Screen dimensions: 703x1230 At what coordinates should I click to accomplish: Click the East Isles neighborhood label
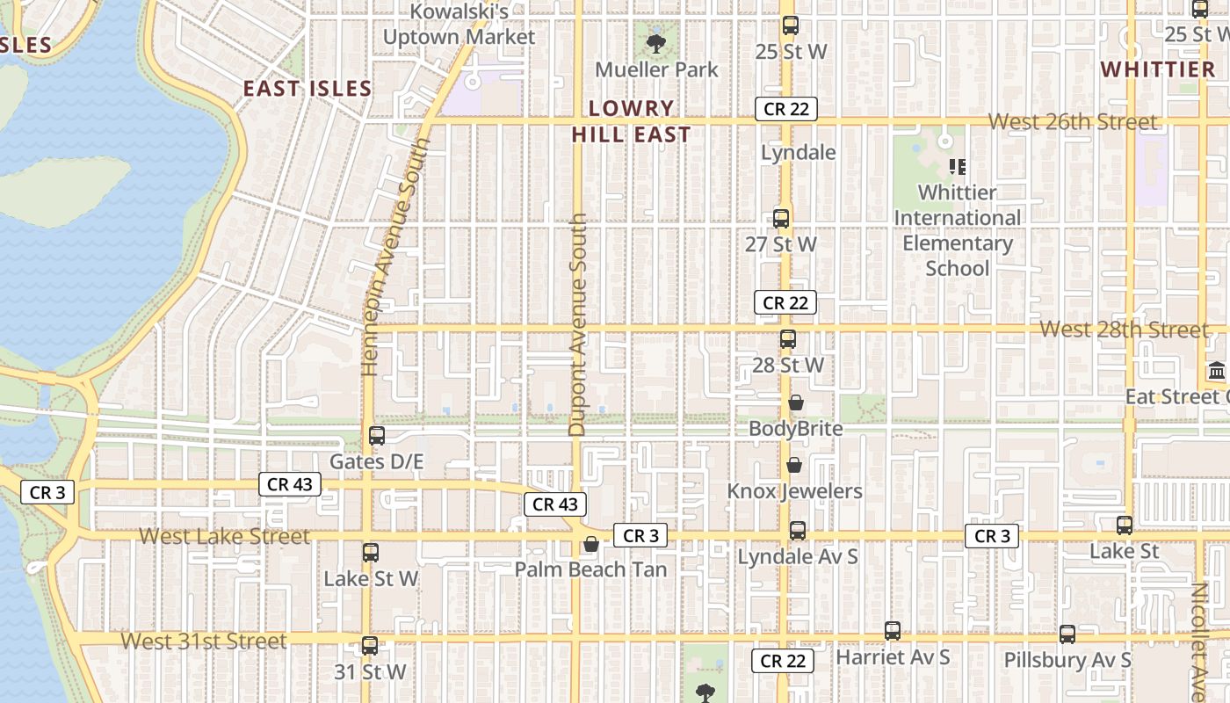coord(307,89)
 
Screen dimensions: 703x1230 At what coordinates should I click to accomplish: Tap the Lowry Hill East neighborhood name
coord(631,121)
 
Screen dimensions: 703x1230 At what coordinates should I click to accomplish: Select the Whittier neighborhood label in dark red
coord(1157,69)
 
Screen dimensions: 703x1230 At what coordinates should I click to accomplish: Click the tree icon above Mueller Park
coord(655,43)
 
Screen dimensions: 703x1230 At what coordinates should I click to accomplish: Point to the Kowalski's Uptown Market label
coord(459,25)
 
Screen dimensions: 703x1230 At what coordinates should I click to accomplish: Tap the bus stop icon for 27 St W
coord(780,219)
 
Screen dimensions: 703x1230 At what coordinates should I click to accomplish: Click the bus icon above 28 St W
coord(788,339)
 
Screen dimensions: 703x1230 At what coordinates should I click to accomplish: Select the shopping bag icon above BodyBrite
coord(795,403)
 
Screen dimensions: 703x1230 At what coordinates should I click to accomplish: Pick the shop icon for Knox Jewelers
coord(794,465)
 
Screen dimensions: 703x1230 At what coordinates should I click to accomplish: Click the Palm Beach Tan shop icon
coord(591,545)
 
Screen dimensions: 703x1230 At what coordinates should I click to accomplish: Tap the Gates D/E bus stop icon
coord(377,436)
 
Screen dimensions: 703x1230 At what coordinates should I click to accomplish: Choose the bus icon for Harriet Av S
coord(893,631)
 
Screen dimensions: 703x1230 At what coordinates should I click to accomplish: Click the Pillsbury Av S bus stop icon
coord(1067,634)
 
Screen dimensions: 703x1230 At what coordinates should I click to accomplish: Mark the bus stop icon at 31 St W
coord(370,646)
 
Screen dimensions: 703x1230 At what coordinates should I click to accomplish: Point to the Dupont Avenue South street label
coord(577,325)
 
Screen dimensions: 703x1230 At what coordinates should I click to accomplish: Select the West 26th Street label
coord(1073,122)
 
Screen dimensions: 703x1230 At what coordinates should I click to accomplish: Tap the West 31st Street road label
coord(203,641)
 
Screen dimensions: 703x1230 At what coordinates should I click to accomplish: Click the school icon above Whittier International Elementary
coord(958,166)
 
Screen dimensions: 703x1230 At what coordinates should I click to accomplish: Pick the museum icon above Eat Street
coord(1217,371)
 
